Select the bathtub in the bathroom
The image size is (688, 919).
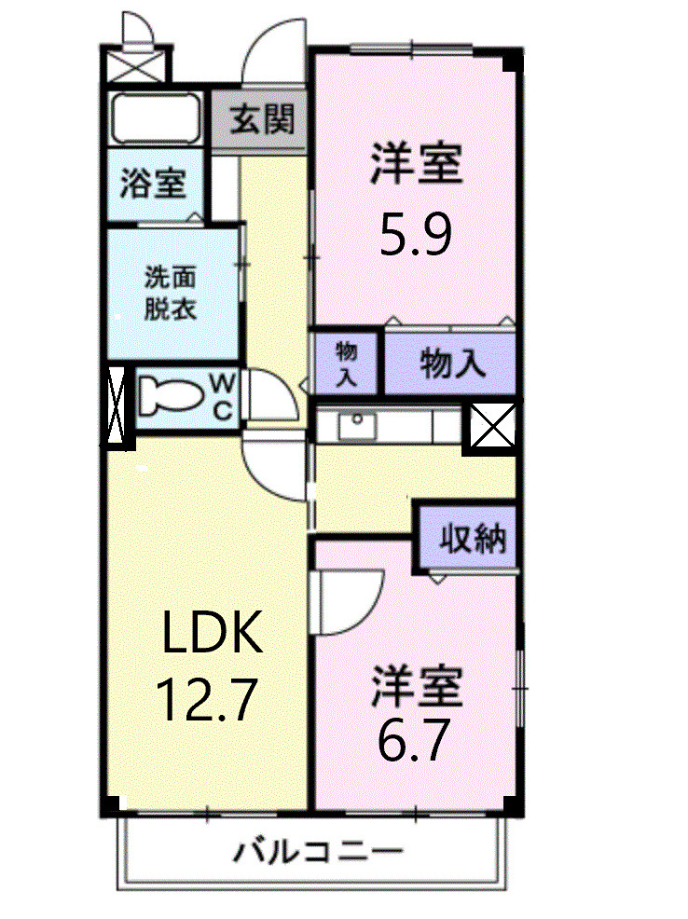156,119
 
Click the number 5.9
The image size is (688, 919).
415,236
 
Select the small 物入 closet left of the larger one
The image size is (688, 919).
347,363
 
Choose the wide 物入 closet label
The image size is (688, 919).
452,363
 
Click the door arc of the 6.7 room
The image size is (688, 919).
351,601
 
